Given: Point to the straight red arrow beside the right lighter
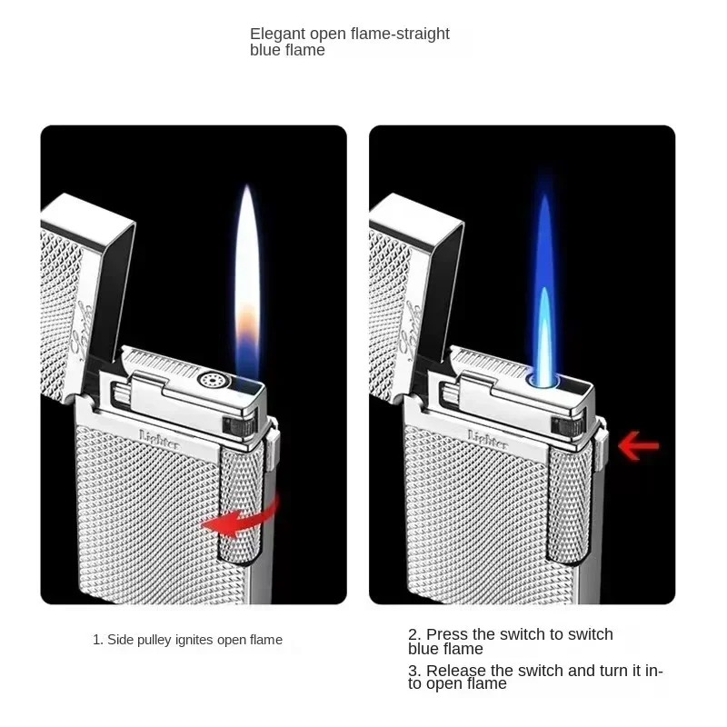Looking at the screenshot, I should pyautogui.click(x=638, y=445).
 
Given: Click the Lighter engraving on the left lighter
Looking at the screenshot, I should pyautogui.click(x=159, y=434).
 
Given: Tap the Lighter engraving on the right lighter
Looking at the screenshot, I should pyautogui.click(x=487, y=434).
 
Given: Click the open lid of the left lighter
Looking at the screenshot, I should pyautogui.click(x=86, y=273).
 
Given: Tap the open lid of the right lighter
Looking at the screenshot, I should pyautogui.click(x=414, y=273).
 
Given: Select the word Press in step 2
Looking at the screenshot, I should pyautogui.click(x=446, y=634).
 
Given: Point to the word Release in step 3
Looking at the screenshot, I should pyautogui.click(x=458, y=671).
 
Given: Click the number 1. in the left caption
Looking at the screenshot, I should pyautogui.click(x=97, y=640).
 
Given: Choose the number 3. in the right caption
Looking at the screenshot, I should pyautogui.click(x=413, y=671).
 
